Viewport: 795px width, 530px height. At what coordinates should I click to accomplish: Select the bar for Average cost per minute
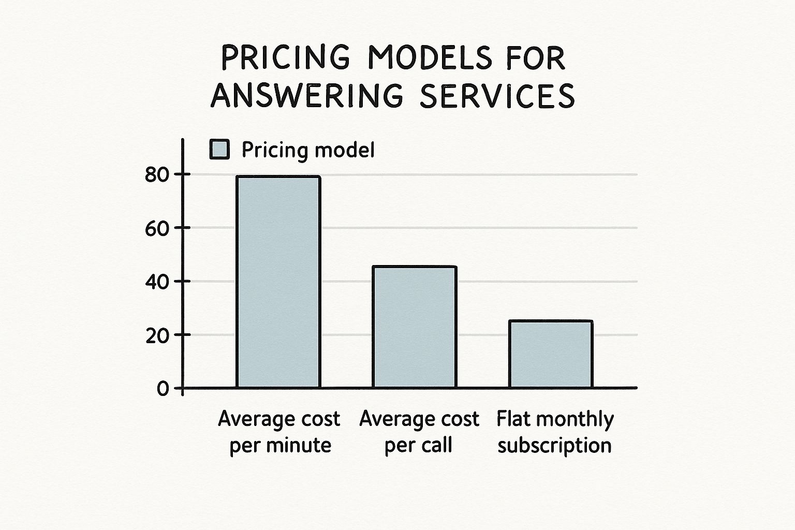coord(278,282)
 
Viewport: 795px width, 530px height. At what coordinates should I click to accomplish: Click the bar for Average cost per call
coord(415,327)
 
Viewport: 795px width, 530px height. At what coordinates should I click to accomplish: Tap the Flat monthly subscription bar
coord(551,354)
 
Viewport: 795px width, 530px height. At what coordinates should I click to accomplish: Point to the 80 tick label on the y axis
coord(157,175)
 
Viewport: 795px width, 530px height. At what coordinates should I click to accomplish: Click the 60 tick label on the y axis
coord(157,228)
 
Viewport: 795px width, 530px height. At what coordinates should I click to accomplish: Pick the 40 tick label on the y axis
coord(157,282)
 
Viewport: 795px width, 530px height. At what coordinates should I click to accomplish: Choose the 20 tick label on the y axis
coord(157,335)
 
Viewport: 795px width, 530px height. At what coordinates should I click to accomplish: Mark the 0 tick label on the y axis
coord(163,389)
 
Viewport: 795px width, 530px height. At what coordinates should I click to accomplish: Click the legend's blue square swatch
coord(219,150)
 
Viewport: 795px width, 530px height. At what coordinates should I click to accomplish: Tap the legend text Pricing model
coord(308,150)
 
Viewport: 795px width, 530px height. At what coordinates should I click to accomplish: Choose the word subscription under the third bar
coord(554,446)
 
